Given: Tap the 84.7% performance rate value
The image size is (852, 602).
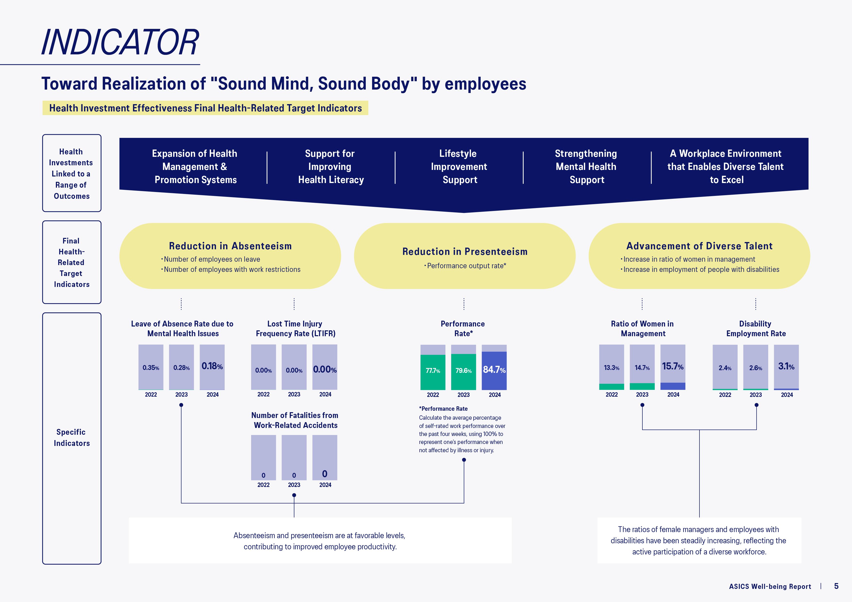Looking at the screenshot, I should point(494,369).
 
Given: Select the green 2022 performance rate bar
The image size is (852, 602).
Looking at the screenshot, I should point(433,372).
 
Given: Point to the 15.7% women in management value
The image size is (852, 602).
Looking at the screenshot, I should point(673,367).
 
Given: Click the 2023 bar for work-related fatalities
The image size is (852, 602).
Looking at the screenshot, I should point(294,457).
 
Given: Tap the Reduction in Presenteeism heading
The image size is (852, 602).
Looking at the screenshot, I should point(465,251).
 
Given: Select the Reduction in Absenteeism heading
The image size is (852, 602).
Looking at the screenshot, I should point(230,246).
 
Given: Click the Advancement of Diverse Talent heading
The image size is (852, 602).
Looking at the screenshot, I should point(699,246).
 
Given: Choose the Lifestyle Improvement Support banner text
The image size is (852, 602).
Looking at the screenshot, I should point(459,167).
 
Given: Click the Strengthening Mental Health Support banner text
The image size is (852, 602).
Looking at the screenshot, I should point(586,167).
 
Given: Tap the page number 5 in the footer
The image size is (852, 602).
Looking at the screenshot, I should point(836,586).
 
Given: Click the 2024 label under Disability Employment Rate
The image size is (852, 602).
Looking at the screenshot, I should point(787,395).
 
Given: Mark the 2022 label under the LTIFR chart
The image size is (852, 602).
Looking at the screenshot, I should point(264,394).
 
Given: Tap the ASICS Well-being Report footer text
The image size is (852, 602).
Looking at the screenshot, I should point(770,586).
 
